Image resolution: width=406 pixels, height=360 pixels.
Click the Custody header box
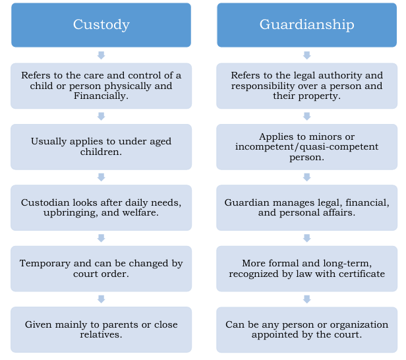(101, 25)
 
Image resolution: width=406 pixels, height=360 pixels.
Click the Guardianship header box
(306, 25)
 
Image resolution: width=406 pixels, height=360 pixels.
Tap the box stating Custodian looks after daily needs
(101, 208)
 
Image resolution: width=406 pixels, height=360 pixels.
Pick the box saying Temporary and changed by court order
(101, 268)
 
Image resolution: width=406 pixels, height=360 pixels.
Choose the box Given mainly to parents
(101, 330)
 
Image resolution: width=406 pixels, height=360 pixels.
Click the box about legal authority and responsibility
(306, 86)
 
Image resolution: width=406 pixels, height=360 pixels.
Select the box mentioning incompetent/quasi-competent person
(306, 146)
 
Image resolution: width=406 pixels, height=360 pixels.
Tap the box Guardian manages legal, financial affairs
(306, 208)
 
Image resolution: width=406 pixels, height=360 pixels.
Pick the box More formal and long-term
(306, 268)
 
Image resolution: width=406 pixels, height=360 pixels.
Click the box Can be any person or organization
(306, 330)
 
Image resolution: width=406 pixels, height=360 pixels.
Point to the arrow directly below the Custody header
(101, 55)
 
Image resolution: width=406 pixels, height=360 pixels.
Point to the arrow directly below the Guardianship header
(306, 55)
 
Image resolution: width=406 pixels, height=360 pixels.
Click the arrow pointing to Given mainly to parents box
(101, 299)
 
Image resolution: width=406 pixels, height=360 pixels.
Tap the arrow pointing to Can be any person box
(306, 299)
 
